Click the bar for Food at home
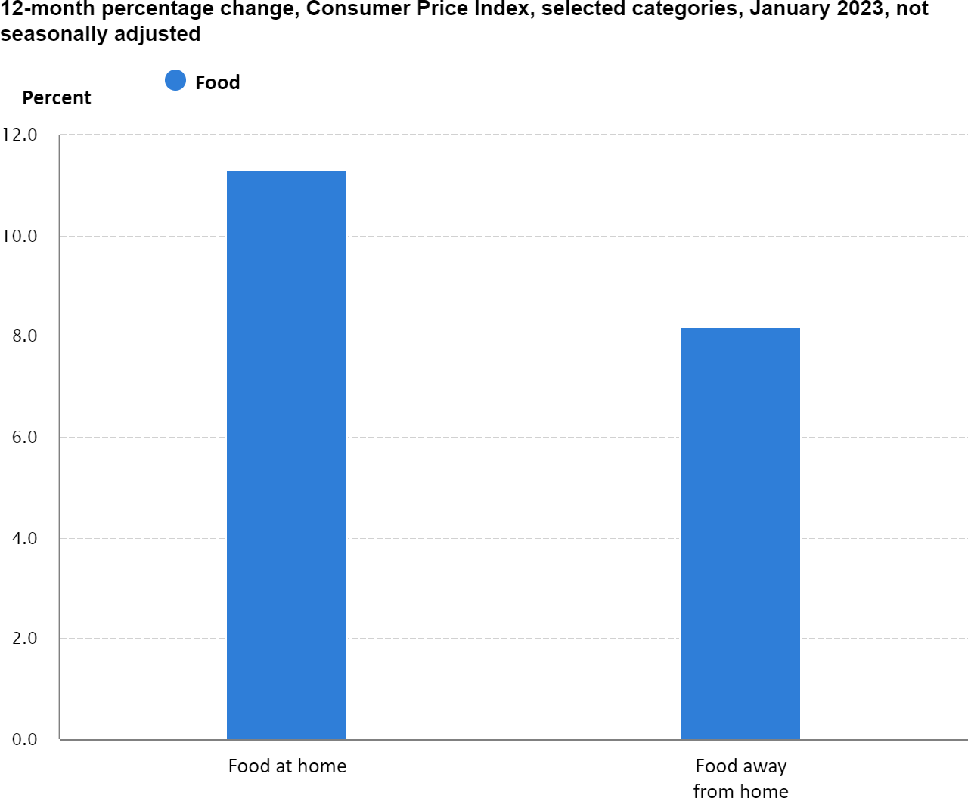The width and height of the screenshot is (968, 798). coord(287,455)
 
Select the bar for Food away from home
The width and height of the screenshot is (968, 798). coord(740,534)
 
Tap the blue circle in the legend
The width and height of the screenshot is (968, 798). coord(175,80)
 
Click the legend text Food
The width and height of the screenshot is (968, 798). coord(218,82)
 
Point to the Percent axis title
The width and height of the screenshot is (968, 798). coord(57,97)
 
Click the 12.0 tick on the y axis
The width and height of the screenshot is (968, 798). coord(20,135)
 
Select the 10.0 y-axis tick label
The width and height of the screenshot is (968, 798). coord(20,236)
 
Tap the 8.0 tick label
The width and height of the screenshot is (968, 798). coord(24,336)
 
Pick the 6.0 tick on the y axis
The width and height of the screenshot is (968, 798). coord(24,437)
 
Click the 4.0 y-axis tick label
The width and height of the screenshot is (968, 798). coord(24,538)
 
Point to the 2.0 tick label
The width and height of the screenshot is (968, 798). coord(24,638)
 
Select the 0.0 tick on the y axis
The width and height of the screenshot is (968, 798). coord(24,739)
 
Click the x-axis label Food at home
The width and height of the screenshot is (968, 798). coord(287,766)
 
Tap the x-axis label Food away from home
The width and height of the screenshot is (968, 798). coord(741,778)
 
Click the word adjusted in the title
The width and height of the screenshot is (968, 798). coord(157,34)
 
